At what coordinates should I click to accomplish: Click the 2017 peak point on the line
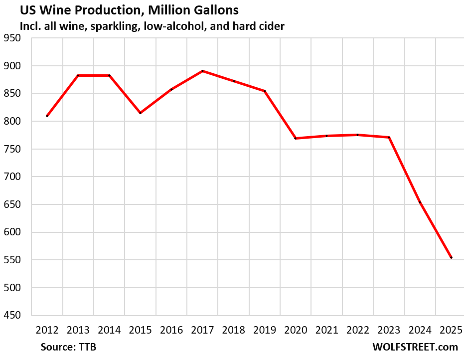(x=202, y=71)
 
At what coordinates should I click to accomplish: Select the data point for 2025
(x=451, y=257)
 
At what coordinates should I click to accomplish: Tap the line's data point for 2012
(x=47, y=116)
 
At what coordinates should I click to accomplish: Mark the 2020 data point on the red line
(x=296, y=138)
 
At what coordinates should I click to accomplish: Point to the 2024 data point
(x=420, y=202)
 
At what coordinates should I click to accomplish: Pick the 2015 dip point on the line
(x=140, y=113)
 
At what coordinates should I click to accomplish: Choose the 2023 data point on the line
(x=389, y=137)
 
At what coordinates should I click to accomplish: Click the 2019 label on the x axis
(x=265, y=330)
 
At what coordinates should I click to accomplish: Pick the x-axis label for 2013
(x=78, y=330)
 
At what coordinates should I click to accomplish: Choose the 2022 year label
(x=358, y=330)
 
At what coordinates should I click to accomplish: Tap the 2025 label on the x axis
(x=451, y=330)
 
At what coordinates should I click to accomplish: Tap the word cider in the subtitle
(x=271, y=26)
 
